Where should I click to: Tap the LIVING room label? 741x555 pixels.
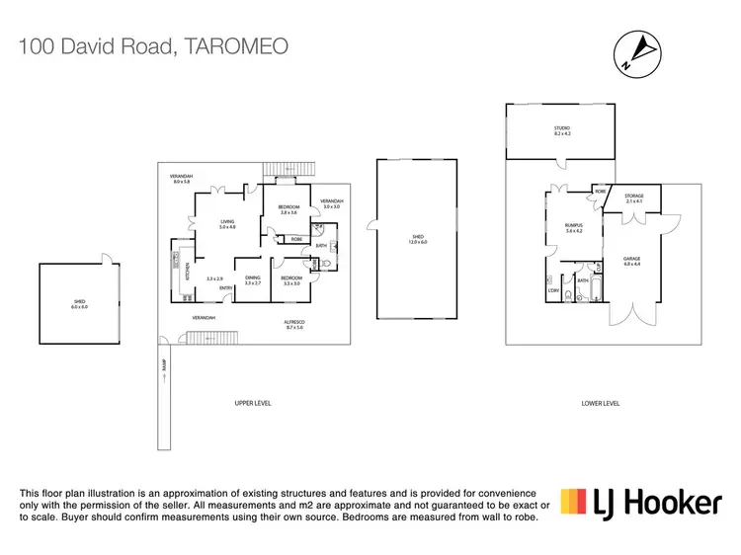coord(227,224)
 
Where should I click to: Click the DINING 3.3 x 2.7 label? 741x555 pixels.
coord(252,280)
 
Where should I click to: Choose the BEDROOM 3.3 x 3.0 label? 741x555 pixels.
coord(291,280)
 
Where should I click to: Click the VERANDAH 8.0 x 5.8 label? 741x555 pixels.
coord(181,179)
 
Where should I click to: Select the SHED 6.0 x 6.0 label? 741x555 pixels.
coord(79,305)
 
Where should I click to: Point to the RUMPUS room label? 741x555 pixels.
coord(572,228)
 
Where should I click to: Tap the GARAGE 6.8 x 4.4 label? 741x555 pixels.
coord(632,262)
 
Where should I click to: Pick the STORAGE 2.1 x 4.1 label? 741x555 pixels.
coord(633,198)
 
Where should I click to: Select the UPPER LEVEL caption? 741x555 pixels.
coord(254,403)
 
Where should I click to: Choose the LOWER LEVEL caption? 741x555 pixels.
coord(600,403)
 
